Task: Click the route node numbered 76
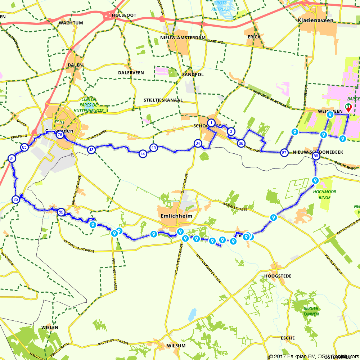click(x=60, y=135)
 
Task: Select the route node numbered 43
click(x=91, y=149)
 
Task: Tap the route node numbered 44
click(x=143, y=154)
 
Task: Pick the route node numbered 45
click(x=154, y=148)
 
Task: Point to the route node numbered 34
click(x=197, y=143)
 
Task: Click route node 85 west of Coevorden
click(x=24, y=147)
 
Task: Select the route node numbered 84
click(x=12, y=158)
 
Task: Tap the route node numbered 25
click(x=15, y=200)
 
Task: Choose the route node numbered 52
click(x=60, y=212)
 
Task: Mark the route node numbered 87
click(x=284, y=153)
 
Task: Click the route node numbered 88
click(x=316, y=156)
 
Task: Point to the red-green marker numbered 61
click(x=348, y=107)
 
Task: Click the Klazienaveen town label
click(x=316, y=21)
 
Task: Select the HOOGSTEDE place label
click(x=278, y=276)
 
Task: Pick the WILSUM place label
click(x=176, y=346)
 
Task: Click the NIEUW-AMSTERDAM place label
click(x=183, y=37)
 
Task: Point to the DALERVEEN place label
click(x=131, y=73)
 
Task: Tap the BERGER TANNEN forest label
click(x=311, y=311)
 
